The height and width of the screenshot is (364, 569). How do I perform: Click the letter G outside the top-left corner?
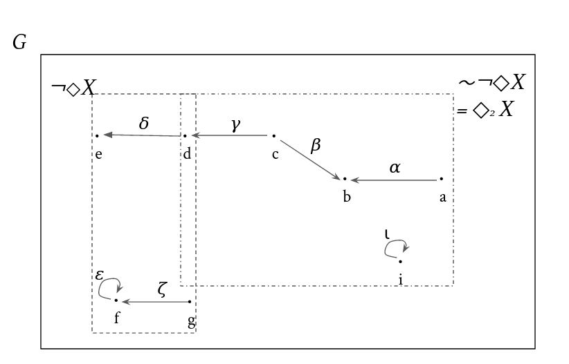point(19,42)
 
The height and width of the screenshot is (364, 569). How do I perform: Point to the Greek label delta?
point(144,123)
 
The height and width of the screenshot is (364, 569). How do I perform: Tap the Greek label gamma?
point(236,125)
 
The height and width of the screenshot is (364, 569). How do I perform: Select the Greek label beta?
point(316,146)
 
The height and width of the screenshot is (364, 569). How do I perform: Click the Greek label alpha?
point(395,168)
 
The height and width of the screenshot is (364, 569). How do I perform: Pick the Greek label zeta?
point(162,289)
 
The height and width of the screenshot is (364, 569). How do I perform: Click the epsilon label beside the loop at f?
point(100,275)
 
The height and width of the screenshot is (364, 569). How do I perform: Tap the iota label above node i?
point(387,234)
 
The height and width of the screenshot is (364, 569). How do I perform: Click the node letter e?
point(99,155)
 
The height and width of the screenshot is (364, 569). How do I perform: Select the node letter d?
point(187,154)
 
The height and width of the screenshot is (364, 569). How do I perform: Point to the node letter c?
point(276,155)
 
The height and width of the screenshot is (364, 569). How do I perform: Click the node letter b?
point(347,197)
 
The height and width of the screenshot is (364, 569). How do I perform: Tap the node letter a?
point(443,198)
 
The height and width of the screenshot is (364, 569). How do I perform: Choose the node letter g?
point(192,322)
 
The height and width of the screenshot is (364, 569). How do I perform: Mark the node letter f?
point(117,318)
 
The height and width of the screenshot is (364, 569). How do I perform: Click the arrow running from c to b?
point(310,160)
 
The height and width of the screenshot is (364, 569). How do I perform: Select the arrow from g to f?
point(156,302)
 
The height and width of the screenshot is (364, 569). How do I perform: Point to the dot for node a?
point(441,179)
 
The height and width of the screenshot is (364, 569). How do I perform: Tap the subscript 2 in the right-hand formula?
point(492,113)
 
